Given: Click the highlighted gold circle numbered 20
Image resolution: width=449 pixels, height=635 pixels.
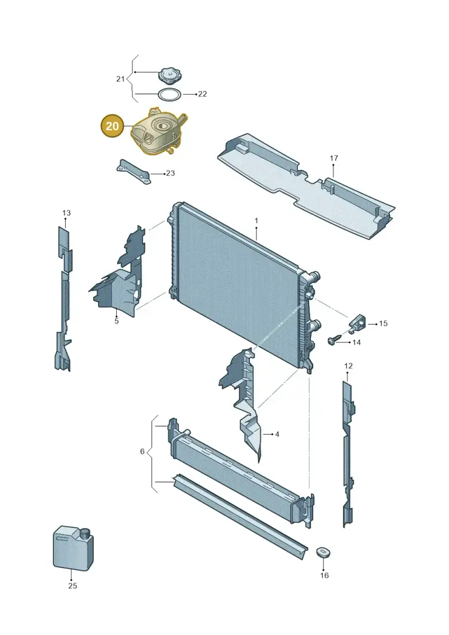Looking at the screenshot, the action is [x=112, y=126].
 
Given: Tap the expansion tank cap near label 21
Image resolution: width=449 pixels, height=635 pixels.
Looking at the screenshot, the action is [x=171, y=75].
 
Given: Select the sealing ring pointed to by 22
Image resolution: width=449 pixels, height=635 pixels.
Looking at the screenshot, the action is [x=169, y=95].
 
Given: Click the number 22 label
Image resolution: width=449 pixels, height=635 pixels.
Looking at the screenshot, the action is [x=203, y=94].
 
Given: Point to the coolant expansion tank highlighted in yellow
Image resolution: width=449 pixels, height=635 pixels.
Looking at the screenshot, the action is [x=157, y=132].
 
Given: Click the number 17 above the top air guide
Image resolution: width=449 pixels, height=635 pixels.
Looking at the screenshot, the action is [x=333, y=158].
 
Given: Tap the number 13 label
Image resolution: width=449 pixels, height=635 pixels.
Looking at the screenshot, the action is [x=66, y=213].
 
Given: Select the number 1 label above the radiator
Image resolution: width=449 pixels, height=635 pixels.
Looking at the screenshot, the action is [x=256, y=221].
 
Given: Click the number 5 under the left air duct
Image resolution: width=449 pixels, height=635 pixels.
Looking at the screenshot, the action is [x=117, y=321].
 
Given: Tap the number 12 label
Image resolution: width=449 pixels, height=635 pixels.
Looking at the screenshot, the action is [x=348, y=366].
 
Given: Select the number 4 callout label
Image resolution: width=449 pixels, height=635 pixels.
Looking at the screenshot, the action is [x=277, y=434].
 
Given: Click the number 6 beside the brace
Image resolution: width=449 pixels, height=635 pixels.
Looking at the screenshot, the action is [x=142, y=451].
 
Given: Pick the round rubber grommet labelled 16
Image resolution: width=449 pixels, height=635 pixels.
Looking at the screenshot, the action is [x=323, y=554].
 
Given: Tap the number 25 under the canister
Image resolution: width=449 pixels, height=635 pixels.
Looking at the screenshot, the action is [x=72, y=585].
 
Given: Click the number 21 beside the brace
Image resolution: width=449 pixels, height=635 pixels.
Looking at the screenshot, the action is [x=120, y=79].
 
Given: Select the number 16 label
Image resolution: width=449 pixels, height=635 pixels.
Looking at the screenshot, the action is [x=324, y=575].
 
